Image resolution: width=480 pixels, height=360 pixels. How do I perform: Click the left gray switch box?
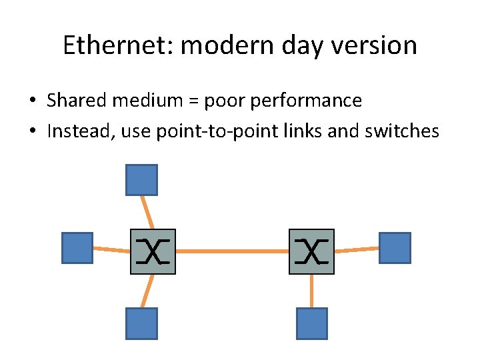tap(153, 252)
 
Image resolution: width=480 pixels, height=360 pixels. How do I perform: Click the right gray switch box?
tap(311, 252)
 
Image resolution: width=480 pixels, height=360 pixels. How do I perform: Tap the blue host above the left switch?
tap(141, 180)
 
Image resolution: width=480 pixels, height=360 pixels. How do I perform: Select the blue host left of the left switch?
tap(77, 248)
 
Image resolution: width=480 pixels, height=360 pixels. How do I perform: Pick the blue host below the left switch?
tap(141, 323)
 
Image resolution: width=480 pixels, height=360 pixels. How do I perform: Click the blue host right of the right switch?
tap(395, 247)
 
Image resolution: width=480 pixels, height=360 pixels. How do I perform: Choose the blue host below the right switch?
tap(312, 323)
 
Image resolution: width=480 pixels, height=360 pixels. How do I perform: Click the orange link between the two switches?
tap(232, 251)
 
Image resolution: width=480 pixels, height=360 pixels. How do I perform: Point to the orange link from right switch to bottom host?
tap(312, 291)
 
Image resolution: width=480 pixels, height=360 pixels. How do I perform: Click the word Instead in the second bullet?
tap(74, 131)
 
